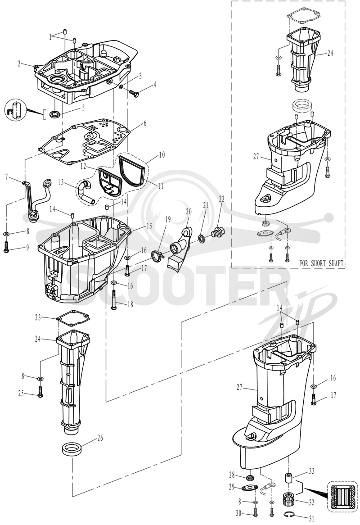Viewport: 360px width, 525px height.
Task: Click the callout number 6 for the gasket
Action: (x=144, y=123)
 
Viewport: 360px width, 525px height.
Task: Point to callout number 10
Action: (x=162, y=155)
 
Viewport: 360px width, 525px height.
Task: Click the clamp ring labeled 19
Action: (x=157, y=257)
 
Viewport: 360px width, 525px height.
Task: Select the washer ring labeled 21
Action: (x=202, y=238)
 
